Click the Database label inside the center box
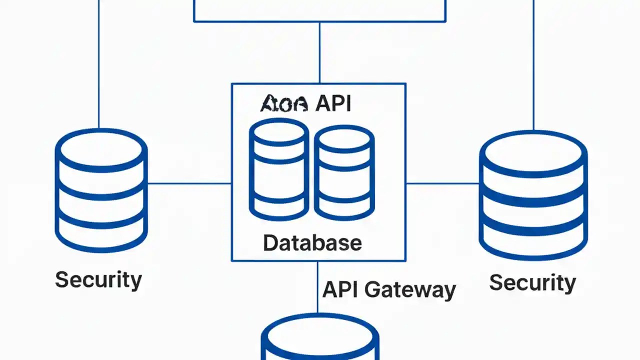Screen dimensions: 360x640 click(x=312, y=243)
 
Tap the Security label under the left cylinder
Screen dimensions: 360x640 click(x=98, y=279)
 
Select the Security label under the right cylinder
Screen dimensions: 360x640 click(x=532, y=282)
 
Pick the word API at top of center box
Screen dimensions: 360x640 click(x=333, y=104)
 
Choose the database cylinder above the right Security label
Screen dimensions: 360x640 click(x=533, y=196)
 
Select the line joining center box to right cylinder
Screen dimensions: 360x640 click(x=442, y=183)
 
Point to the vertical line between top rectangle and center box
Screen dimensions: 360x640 click(x=319, y=52)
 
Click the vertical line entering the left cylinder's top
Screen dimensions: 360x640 click(x=99, y=65)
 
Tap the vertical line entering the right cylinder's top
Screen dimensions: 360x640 click(x=533, y=65)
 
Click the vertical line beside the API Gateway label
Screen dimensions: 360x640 click(x=317, y=287)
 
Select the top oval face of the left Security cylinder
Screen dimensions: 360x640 click(x=101, y=148)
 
